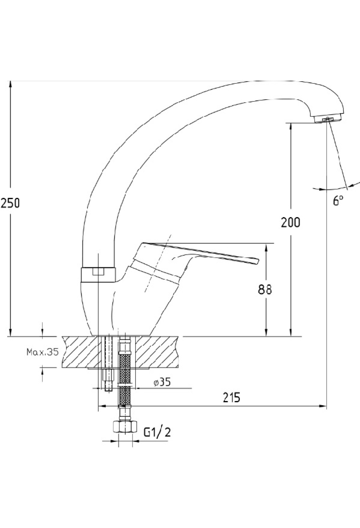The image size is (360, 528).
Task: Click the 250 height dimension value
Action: (x=10, y=203)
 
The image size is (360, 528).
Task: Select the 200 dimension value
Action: (x=290, y=222)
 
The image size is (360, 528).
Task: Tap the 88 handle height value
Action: (x=265, y=289)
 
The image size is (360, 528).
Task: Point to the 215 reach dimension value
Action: (x=232, y=397)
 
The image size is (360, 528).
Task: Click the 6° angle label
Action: (x=338, y=200)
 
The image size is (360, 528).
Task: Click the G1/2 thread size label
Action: (x=157, y=432)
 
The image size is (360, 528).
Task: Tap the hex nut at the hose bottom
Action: (x=125, y=427)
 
